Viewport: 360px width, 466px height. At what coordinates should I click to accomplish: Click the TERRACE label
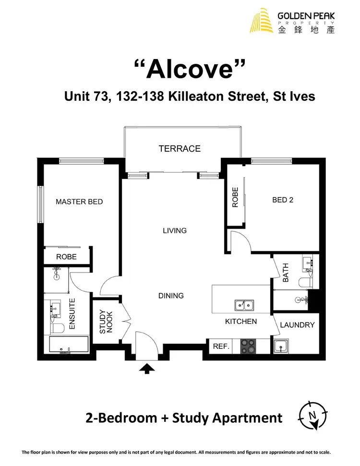point(180,149)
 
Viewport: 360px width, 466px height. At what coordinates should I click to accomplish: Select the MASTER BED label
point(79,202)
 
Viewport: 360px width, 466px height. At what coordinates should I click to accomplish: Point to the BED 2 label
point(283,200)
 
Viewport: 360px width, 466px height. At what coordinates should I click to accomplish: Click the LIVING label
point(175,231)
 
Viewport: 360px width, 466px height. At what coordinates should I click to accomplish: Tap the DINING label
point(171,296)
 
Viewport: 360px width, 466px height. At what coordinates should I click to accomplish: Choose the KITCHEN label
point(241,322)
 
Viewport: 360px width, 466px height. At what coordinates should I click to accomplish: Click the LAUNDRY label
point(297,325)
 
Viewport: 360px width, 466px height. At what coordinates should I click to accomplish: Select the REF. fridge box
point(220,346)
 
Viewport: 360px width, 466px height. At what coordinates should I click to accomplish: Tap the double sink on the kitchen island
point(244,305)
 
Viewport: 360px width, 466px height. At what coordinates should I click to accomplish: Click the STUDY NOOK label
point(106,322)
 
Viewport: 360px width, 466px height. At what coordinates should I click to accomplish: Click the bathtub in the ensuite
point(69,345)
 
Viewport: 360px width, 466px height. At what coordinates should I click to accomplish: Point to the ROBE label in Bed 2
point(235,197)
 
